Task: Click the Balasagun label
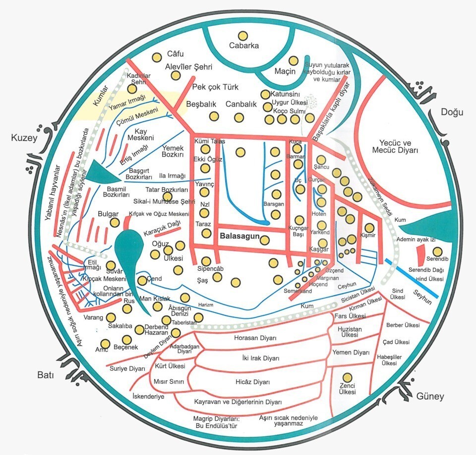click(x=239, y=237)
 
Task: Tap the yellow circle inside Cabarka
click(x=243, y=36)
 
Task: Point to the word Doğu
click(x=452, y=112)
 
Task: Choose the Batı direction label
click(x=48, y=373)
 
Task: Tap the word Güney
click(x=430, y=396)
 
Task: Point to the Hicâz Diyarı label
click(x=252, y=382)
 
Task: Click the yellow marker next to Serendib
click(x=436, y=251)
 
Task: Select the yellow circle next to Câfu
click(x=157, y=57)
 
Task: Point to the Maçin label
click(x=285, y=71)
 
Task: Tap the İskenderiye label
click(x=148, y=396)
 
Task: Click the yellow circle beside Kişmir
click(x=369, y=228)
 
